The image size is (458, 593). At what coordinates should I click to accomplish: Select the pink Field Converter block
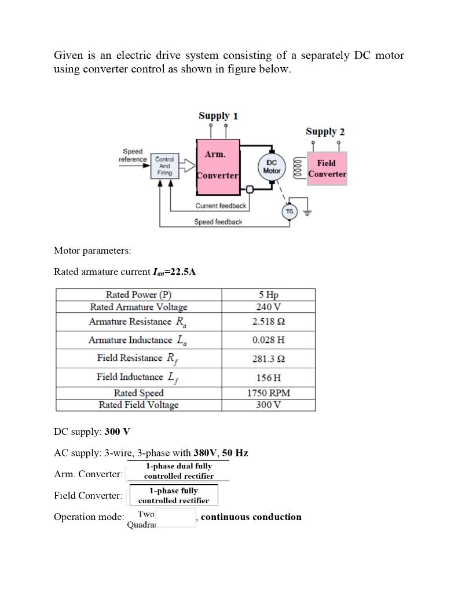click(327, 169)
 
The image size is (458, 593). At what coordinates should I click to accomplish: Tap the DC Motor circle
click(272, 167)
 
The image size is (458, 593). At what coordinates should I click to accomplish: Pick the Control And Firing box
click(164, 166)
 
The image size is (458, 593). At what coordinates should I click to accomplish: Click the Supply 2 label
click(325, 131)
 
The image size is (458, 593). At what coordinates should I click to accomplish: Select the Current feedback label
click(221, 206)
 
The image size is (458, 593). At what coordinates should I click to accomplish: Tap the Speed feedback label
click(218, 222)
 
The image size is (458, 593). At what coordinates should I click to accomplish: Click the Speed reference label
click(133, 155)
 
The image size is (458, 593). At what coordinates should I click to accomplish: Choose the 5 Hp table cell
click(269, 294)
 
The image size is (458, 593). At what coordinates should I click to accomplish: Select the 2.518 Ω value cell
click(269, 321)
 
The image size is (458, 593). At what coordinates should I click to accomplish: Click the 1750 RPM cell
click(269, 393)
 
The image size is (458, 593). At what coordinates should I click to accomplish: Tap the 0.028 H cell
click(269, 340)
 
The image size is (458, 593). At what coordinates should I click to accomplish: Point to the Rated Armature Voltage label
click(138, 307)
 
